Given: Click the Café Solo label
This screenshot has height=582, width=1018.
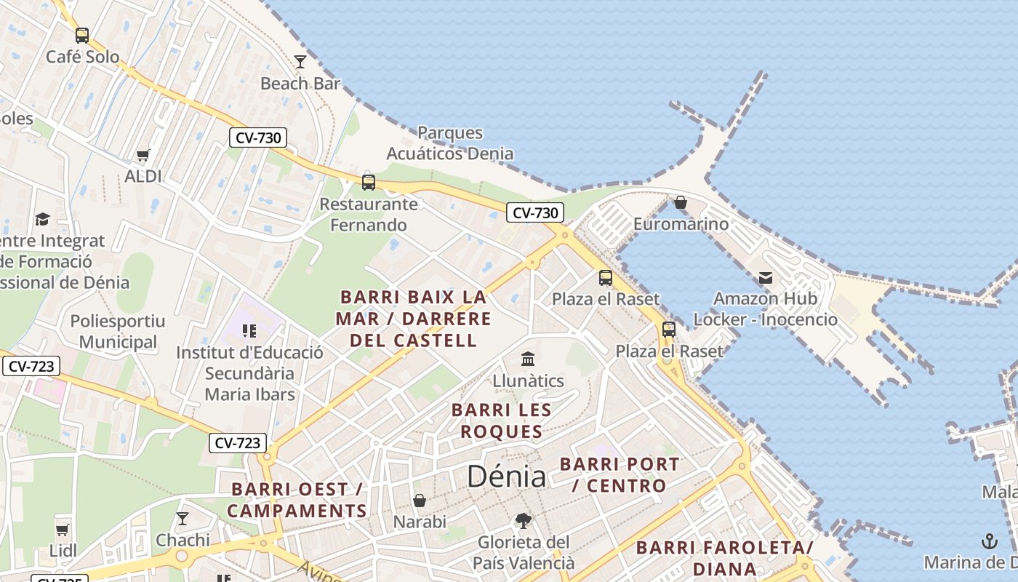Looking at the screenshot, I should [x=82, y=57].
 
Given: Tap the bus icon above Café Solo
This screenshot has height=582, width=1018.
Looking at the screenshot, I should [x=82, y=35].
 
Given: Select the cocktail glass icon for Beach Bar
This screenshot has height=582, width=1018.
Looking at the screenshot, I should [x=300, y=62].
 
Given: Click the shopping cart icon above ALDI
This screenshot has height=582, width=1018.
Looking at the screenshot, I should [x=143, y=155].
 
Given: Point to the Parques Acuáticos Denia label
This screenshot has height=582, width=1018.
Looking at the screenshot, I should [x=449, y=143].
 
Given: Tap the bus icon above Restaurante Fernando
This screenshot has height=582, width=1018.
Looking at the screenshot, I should [x=369, y=182].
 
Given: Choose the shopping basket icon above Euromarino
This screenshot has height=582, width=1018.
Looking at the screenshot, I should [x=681, y=202].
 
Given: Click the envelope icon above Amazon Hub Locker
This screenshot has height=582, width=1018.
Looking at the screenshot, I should [x=765, y=277].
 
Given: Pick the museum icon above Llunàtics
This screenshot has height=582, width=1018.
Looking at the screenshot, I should [x=528, y=359].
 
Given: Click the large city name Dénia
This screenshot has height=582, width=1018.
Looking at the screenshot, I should [x=506, y=477].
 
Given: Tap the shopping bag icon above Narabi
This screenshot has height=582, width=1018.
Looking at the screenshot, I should [x=420, y=501].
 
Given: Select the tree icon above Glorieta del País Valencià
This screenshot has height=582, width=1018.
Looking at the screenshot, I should [x=523, y=520].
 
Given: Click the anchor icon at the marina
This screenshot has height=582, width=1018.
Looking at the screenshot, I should [x=988, y=541].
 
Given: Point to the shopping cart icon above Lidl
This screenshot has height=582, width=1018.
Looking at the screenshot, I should [x=63, y=530].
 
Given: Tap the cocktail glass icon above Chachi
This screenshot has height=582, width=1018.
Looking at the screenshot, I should [x=183, y=519].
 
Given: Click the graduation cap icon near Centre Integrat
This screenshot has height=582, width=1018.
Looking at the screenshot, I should [x=42, y=219].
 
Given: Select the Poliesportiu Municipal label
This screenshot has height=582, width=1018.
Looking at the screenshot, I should [x=118, y=332].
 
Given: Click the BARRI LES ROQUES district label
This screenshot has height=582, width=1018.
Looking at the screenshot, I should [x=502, y=420].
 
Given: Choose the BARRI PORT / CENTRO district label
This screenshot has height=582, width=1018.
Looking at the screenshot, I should [x=620, y=474].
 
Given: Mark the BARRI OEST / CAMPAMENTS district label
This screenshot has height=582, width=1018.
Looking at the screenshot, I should [x=297, y=500].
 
